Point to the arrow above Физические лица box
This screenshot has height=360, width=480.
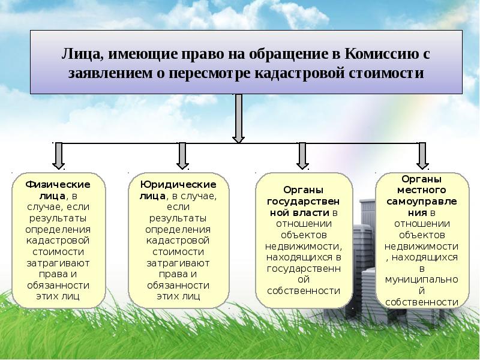coord(58,154)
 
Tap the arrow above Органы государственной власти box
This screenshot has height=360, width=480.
coord(302,154)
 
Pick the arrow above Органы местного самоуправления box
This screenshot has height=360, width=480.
coord(422,154)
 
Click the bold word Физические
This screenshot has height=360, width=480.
coord(58,184)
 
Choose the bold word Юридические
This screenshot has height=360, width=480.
coord(178,184)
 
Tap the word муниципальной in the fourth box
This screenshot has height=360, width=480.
coord(422,280)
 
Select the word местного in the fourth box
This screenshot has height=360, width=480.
coord(422,190)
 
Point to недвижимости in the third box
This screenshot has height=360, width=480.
coord(302,245)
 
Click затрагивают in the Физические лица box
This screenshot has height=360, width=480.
coord(58,263)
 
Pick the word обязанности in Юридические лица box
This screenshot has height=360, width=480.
coord(178,285)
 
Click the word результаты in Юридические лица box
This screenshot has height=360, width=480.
coord(178,218)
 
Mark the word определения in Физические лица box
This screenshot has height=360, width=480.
coord(58,229)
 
